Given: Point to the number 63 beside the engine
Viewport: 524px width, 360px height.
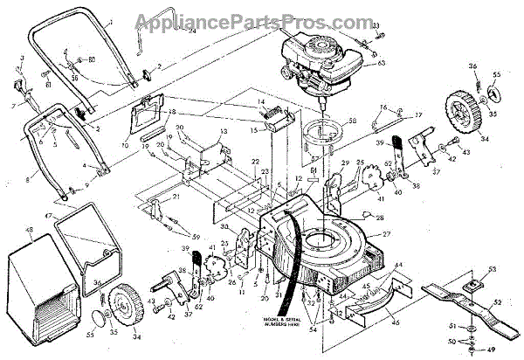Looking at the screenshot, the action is [x=381, y=64].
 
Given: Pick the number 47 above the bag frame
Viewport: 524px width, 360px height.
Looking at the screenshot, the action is [x=48, y=216].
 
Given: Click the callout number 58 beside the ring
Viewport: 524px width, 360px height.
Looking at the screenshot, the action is [x=353, y=121].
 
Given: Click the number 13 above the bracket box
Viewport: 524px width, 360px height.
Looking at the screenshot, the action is [x=223, y=131].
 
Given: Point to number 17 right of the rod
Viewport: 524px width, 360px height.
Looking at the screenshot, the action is [x=418, y=114].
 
